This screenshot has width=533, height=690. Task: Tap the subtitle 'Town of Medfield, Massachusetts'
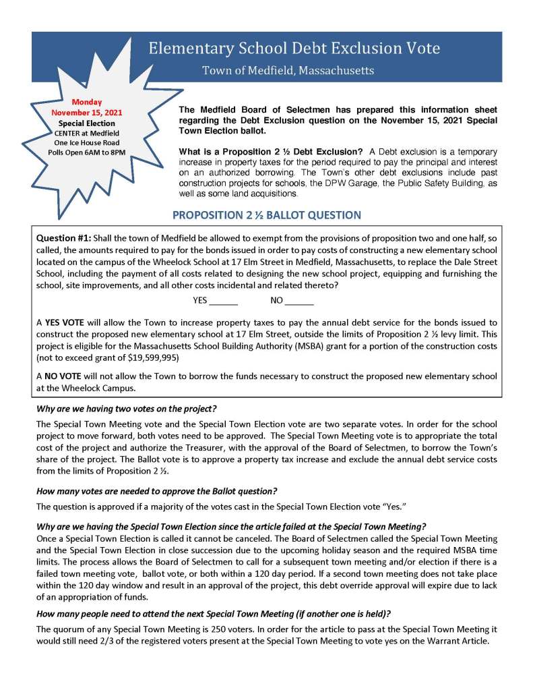pyautogui.click(x=288, y=70)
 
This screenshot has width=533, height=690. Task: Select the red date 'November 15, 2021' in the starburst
pyautogui.click(x=86, y=113)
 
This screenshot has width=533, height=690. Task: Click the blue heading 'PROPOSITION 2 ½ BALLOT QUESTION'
pyautogui.click(x=267, y=215)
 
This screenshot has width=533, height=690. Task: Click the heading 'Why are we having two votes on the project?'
pyautogui.click(x=126, y=409)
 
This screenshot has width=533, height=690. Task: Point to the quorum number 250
pyautogui.click(x=202, y=629)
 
